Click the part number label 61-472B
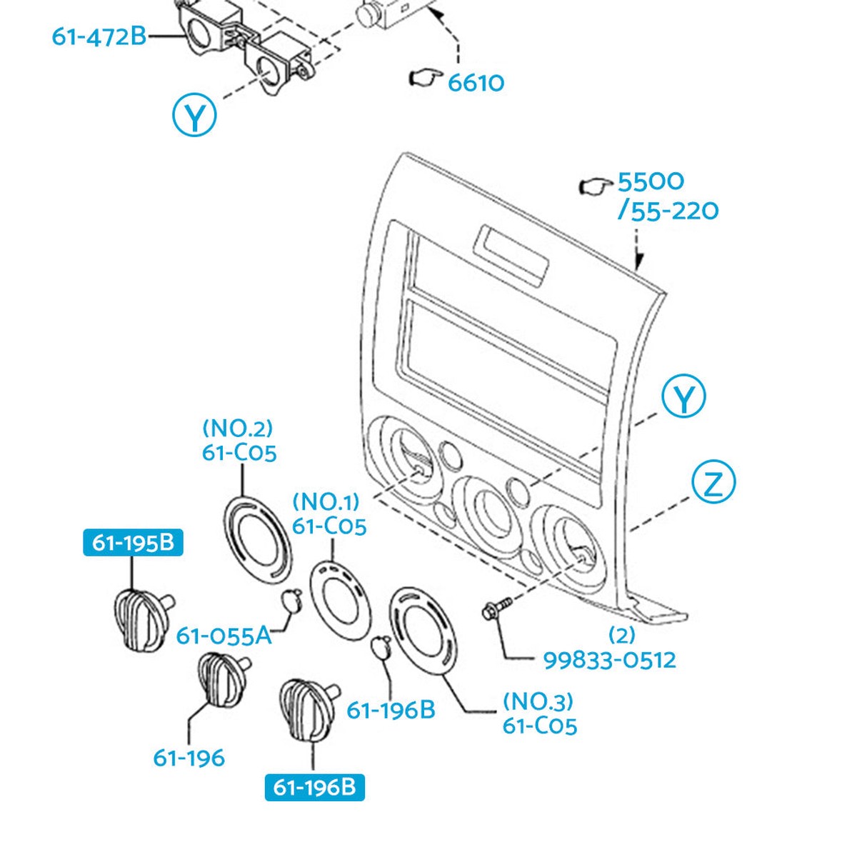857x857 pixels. (99, 36)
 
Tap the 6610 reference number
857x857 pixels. (476, 83)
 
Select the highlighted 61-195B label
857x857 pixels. (133, 542)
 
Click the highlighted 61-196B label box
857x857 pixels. (314, 787)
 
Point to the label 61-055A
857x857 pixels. (224, 636)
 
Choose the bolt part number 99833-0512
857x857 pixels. (610, 660)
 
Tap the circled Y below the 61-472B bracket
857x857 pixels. (194, 114)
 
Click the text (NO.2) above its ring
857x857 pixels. (237, 429)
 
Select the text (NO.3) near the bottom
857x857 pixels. (538, 702)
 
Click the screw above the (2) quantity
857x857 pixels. (496, 607)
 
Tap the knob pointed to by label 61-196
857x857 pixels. (222, 678)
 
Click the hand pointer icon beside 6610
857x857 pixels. (425, 77)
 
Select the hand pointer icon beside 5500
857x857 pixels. (596, 186)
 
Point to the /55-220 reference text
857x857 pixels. (668, 211)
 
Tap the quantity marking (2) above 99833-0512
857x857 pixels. (622, 636)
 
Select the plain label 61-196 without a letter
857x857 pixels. (189, 758)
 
